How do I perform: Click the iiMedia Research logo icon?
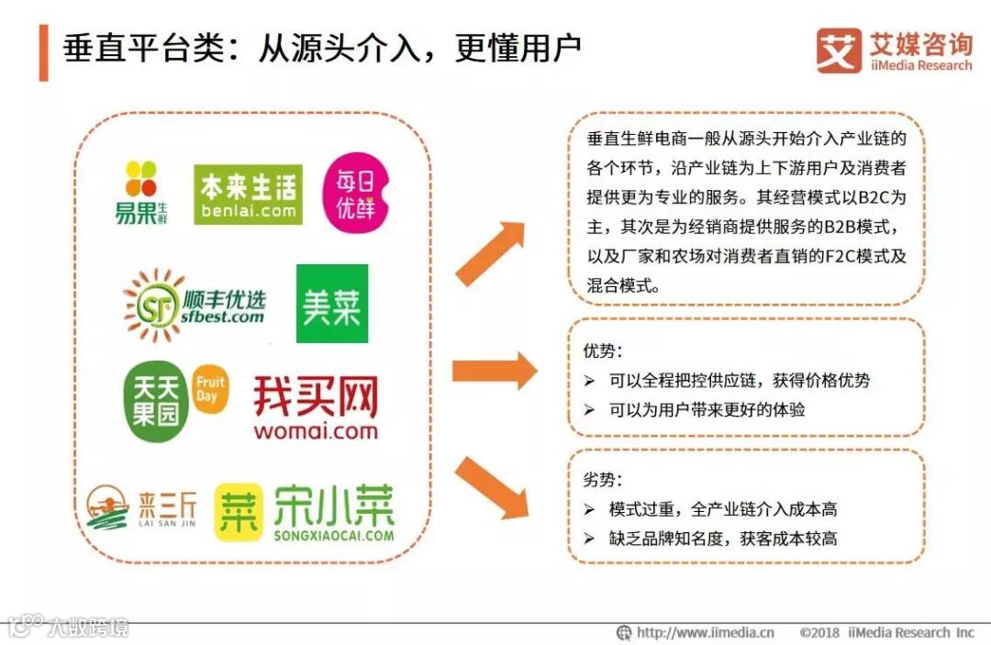[x=839, y=50]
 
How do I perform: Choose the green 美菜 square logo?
[x=332, y=304]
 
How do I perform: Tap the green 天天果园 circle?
[x=156, y=402]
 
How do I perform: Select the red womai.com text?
[x=316, y=430]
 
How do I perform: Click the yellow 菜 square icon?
[x=237, y=512]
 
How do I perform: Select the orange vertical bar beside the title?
[x=43, y=53]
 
